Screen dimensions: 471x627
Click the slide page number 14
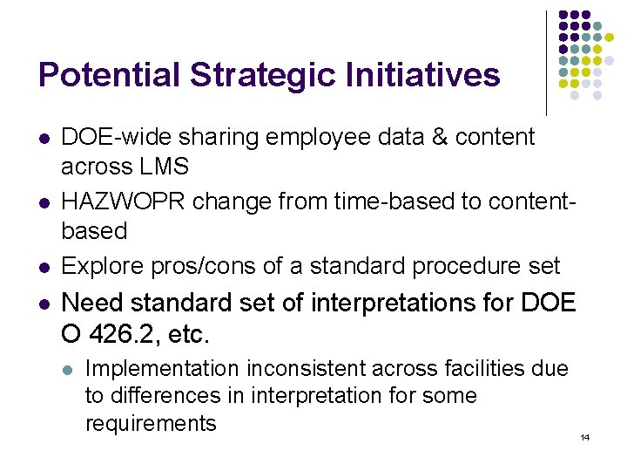tap(584, 436)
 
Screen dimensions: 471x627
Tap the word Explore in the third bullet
tap(98, 265)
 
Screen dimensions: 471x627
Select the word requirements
tap(150, 424)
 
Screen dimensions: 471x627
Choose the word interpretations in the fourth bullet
tap(391, 304)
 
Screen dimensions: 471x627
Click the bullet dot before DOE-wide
tap(44, 139)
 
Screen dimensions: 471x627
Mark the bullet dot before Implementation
tap(68, 370)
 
